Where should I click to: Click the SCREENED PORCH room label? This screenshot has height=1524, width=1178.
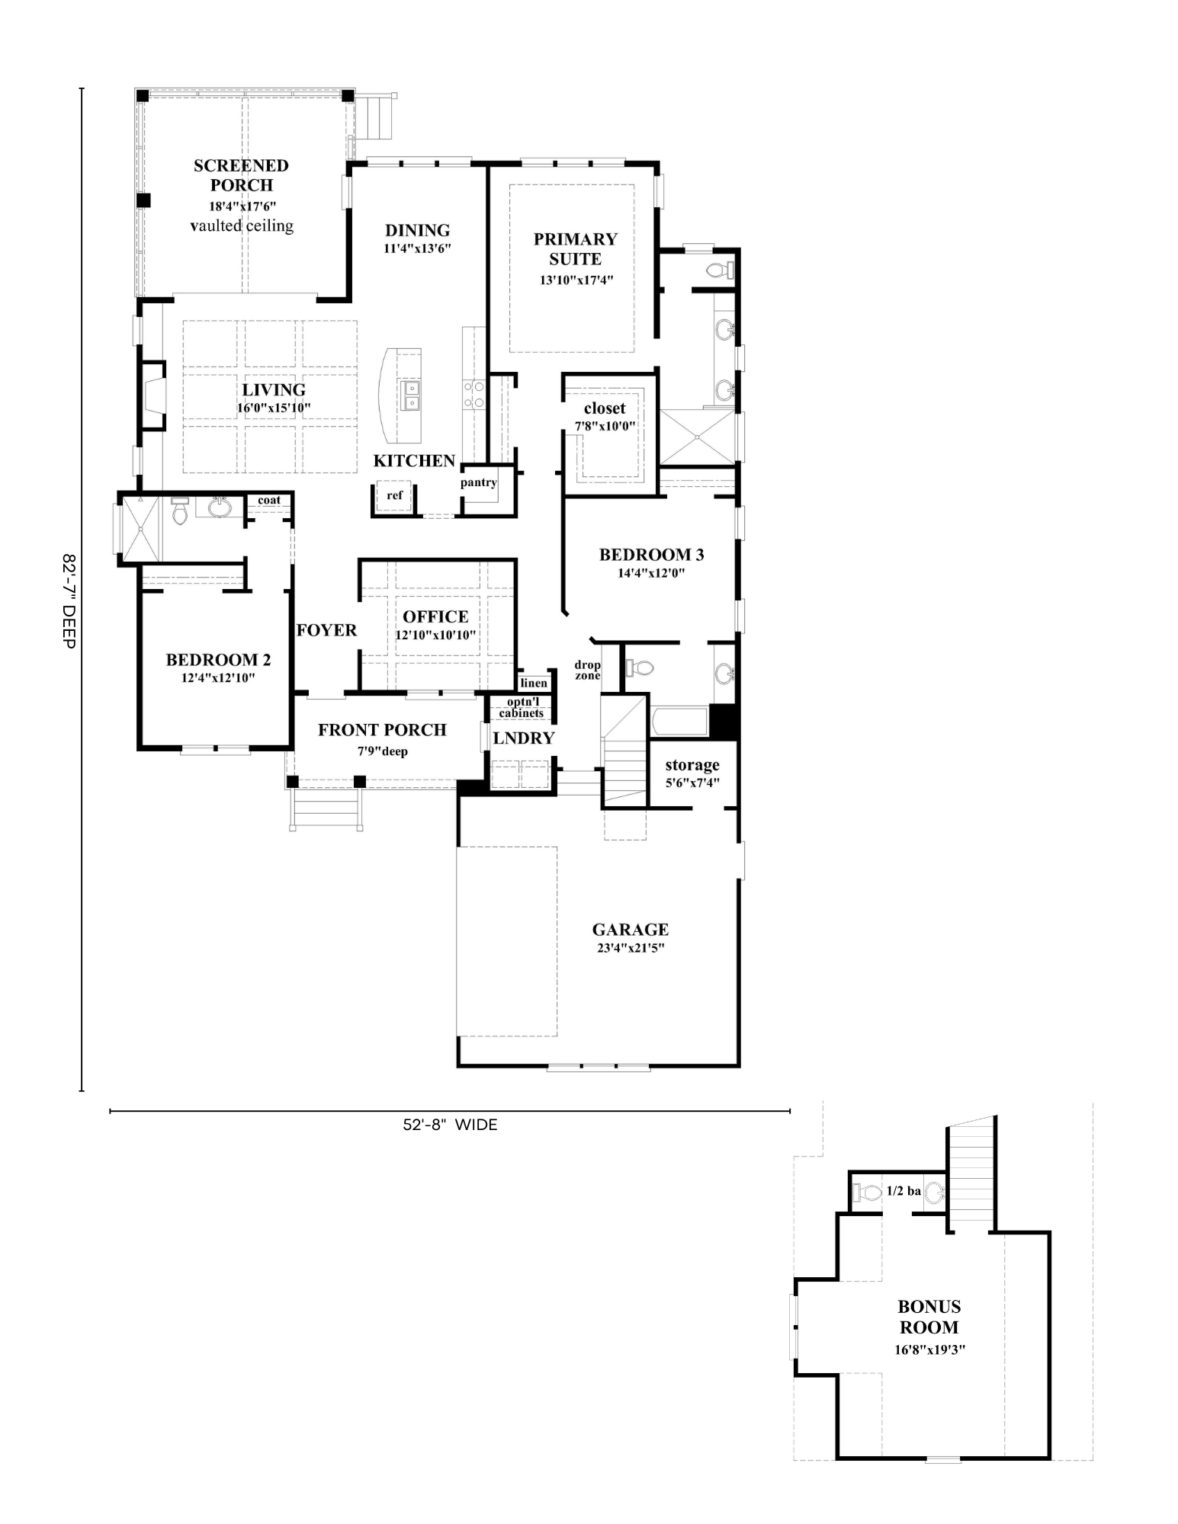pos(241,175)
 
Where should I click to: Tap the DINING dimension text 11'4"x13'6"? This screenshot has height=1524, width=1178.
pos(417,248)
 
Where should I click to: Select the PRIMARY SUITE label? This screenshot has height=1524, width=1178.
pos(576,249)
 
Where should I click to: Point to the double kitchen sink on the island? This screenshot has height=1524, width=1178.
pos(410,394)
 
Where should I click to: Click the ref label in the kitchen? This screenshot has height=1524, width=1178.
pos(394,495)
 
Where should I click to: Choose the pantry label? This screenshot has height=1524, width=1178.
pos(479,482)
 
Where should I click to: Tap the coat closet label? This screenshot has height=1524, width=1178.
pos(269,500)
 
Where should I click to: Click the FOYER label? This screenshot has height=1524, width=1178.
pos(326,630)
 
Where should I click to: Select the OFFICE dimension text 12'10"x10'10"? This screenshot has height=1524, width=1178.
pos(435,635)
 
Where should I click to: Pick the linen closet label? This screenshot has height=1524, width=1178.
pos(534,683)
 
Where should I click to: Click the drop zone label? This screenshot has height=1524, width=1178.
pos(587,670)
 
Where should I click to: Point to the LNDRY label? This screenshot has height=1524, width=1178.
pos(523,738)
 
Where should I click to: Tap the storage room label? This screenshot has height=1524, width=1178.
pos(692,764)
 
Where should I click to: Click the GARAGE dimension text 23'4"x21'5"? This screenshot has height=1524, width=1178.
pos(631,949)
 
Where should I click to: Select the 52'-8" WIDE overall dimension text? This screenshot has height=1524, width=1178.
pos(450,1125)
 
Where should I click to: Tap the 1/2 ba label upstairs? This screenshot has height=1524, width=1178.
pos(904,1191)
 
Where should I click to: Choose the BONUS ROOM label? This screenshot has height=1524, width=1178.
pos(929,1317)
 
